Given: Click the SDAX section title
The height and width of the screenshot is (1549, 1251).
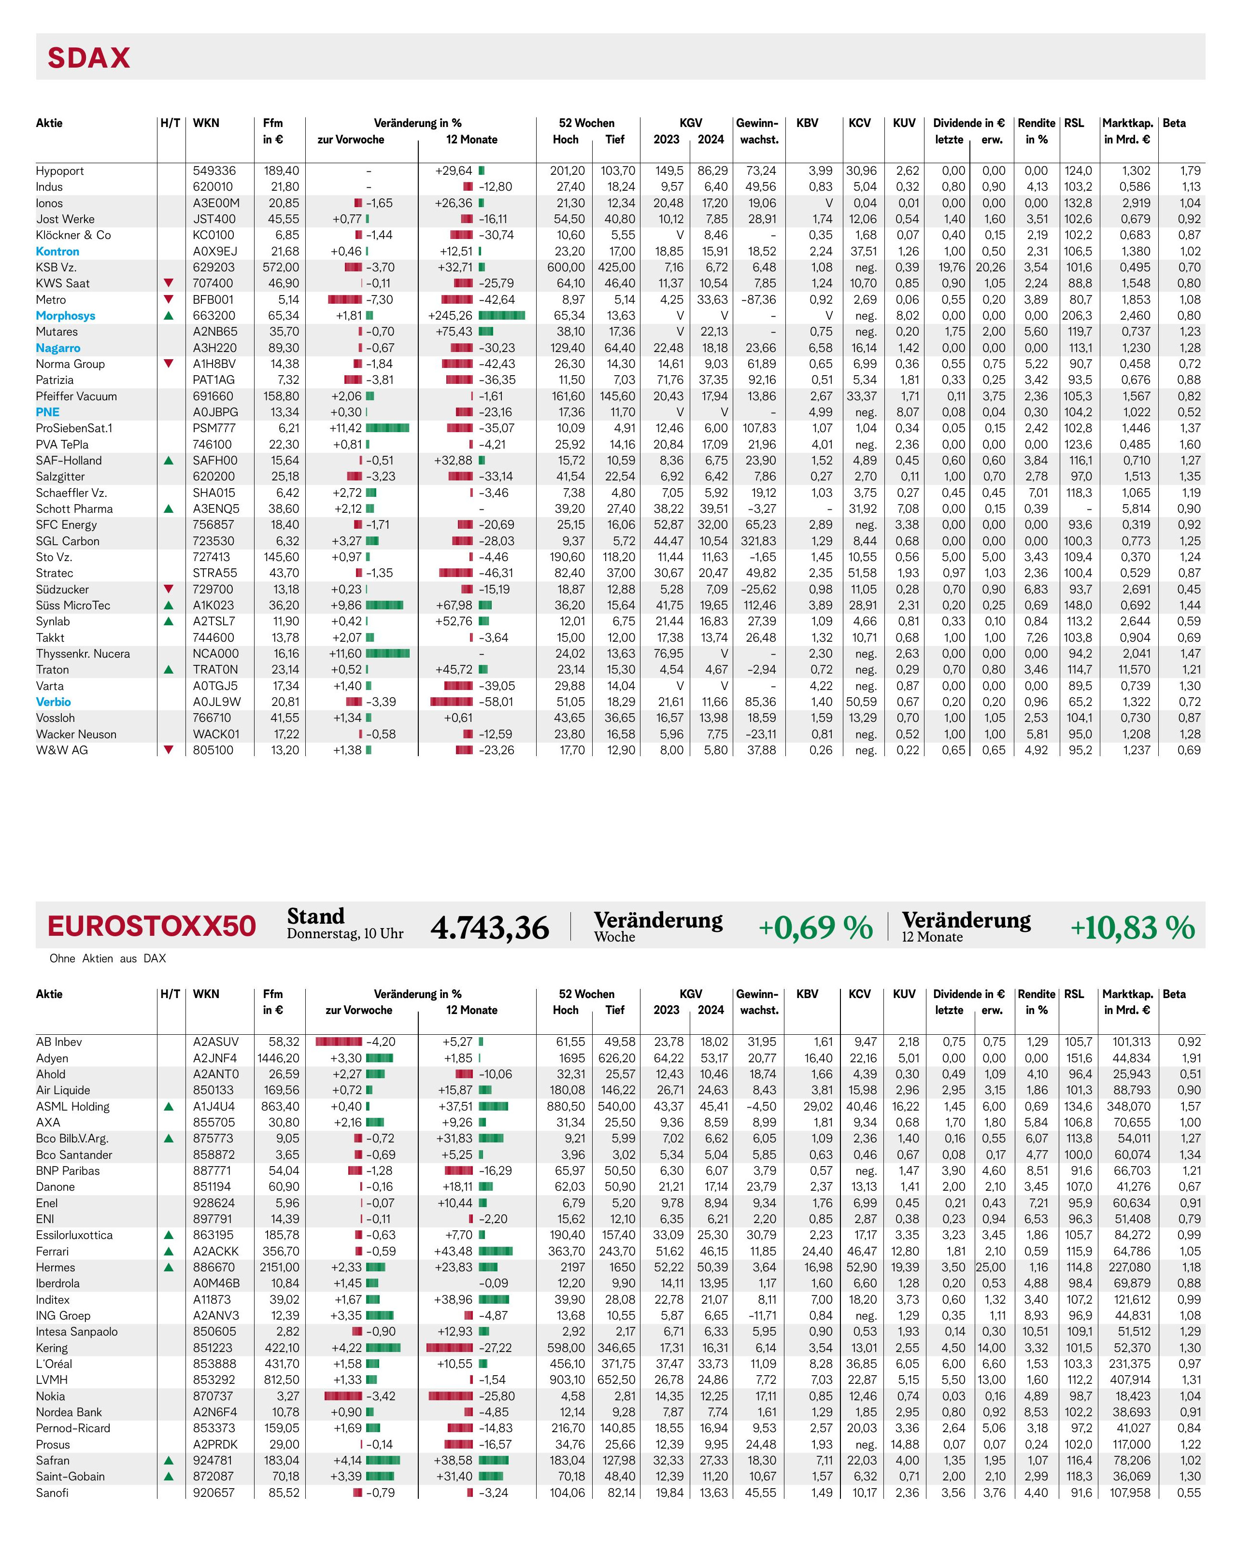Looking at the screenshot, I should pyautogui.click(x=89, y=57).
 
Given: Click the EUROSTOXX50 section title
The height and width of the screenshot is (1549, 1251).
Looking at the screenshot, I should pyautogui.click(x=151, y=926).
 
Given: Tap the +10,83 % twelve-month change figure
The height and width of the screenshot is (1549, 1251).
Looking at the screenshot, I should pyautogui.click(x=1132, y=927).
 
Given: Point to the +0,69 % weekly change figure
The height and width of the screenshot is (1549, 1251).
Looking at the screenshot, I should pyautogui.click(x=815, y=927).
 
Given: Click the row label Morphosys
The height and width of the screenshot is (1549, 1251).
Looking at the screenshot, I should pyautogui.click(x=66, y=316).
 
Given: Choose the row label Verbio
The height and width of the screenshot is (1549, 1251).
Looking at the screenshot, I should pyautogui.click(x=53, y=702).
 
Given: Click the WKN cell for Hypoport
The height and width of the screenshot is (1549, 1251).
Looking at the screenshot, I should pyautogui.click(x=213, y=171).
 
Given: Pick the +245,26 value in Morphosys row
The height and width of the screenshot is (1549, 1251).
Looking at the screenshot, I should pyautogui.click(x=450, y=316).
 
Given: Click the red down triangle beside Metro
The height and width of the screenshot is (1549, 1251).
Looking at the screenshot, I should pyautogui.click(x=169, y=299).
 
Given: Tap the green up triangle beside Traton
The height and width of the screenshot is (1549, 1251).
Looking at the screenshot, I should pyautogui.click(x=169, y=669).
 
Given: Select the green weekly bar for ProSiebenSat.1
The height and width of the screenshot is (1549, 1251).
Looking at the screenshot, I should pyautogui.click(x=388, y=428).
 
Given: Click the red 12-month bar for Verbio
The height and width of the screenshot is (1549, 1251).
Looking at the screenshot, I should pyautogui.click(x=451, y=702).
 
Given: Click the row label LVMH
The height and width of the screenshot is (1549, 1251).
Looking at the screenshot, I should pyautogui.click(x=52, y=1380).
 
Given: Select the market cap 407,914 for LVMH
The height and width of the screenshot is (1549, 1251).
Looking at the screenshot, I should pyautogui.click(x=1131, y=1380).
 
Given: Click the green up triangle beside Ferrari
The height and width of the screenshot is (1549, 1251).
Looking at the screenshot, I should pyautogui.click(x=169, y=1252).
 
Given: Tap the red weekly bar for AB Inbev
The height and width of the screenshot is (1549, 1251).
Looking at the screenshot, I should pyautogui.click(x=339, y=1042).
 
